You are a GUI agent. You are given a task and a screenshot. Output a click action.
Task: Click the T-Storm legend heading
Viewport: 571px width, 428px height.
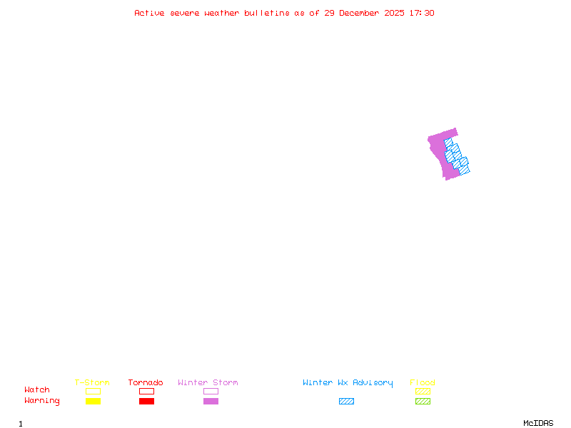(x=92, y=382)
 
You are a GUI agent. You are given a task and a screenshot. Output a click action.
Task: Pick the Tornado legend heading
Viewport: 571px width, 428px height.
(x=146, y=382)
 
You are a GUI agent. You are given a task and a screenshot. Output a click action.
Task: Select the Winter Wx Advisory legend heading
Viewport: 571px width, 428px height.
(x=348, y=382)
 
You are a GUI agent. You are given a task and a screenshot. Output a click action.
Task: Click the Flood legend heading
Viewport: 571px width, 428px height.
(x=423, y=382)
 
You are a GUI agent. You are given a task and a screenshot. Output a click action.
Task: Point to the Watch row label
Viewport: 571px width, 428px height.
(x=37, y=390)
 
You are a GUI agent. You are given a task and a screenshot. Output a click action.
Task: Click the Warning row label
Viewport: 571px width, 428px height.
(x=42, y=401)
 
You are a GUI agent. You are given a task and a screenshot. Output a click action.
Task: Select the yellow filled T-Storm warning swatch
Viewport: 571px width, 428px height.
(x=93, y=402)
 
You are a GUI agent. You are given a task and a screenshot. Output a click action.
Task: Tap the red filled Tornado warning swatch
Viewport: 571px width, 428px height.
(x=146, y=402)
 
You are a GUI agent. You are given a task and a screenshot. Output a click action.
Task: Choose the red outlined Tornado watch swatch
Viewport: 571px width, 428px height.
(x=146, y=391)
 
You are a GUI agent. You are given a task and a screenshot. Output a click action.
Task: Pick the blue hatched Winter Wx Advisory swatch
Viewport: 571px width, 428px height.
(x=346, y=402)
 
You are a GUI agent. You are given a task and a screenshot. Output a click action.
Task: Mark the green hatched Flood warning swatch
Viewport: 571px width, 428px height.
(x=423, y=402)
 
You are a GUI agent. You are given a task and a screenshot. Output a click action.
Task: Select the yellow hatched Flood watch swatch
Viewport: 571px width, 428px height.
(x=423, y=391)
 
